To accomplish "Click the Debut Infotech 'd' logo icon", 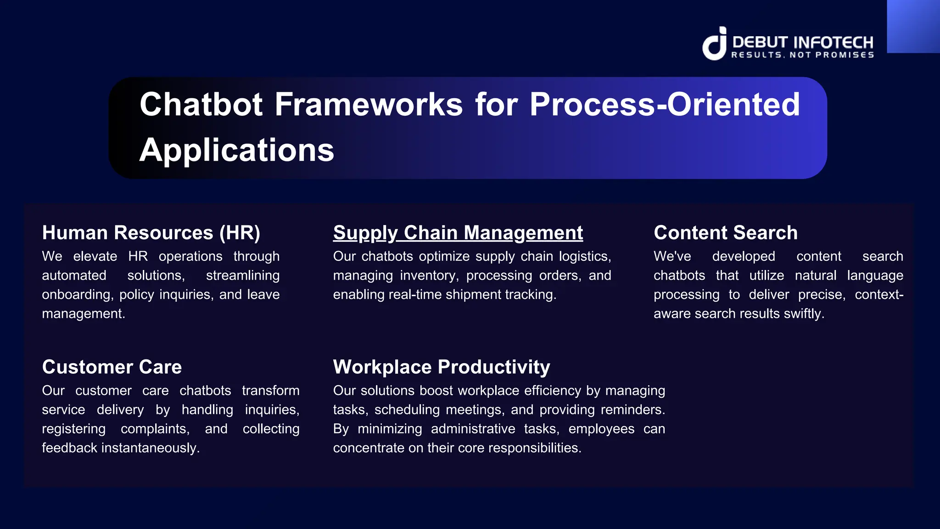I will click(x=715, y=44).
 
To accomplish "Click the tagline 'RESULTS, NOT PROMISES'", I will click(x=802, y=55).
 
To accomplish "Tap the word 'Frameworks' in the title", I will click(x=369, y=104).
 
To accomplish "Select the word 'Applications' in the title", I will click(x=237, y=150).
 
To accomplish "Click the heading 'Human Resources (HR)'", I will click(x=151, y=233).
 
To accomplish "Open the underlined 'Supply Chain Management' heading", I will click(x=458, y=233).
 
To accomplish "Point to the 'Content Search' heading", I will click(x=725, y=233).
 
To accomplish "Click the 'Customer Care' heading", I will click(x=112, y=367).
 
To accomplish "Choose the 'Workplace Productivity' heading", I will click(x=441, y=367).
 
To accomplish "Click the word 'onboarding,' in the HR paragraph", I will click(x=78, y=294).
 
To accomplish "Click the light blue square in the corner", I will click(x=913, y=26).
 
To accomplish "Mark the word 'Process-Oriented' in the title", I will click(x=664, y=104).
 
